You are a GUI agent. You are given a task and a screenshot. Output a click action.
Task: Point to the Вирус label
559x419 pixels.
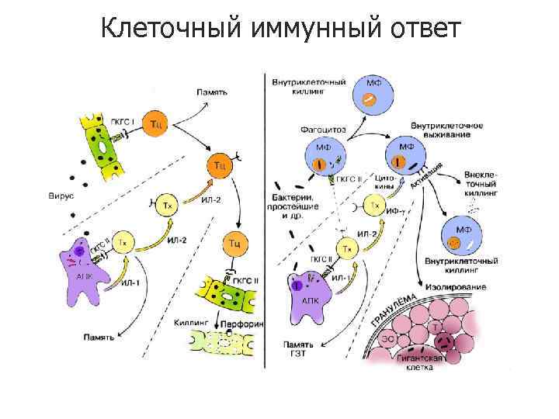point(60,197)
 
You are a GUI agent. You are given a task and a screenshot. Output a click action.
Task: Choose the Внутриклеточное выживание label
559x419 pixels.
point(447,130)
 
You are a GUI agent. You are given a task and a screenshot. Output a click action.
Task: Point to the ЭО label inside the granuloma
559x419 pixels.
point(387,339)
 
